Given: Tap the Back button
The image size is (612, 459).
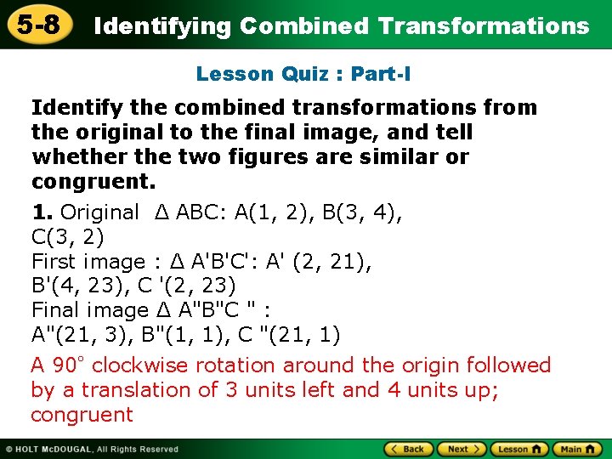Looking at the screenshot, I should (410, 449).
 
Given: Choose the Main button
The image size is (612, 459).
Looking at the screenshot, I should (577, 449).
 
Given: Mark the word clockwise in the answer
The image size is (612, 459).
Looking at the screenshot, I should (140, 365).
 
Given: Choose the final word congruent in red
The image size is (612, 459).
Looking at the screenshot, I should (82, 415).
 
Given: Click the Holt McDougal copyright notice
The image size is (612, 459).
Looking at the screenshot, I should (93, 449).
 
